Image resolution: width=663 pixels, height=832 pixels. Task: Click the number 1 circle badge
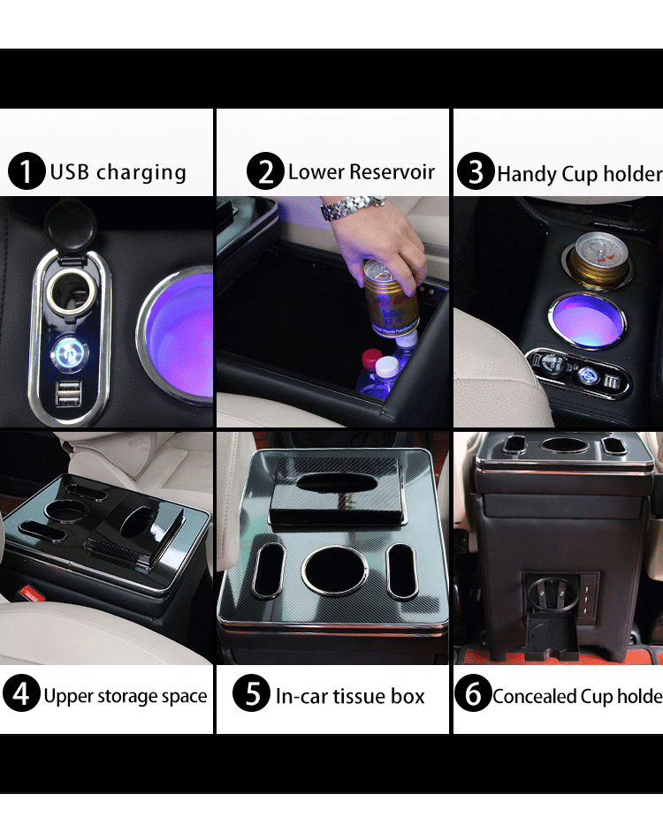(x=27, y=171)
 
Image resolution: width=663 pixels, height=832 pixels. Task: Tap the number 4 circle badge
(x=20, y=695)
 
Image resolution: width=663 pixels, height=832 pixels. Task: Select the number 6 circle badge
(x=473, y=695)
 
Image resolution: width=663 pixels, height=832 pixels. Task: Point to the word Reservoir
(x=392, y=171)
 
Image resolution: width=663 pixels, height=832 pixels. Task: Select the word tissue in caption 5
(x=356, y=696)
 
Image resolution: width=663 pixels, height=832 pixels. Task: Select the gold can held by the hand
(x=391, y=298)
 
